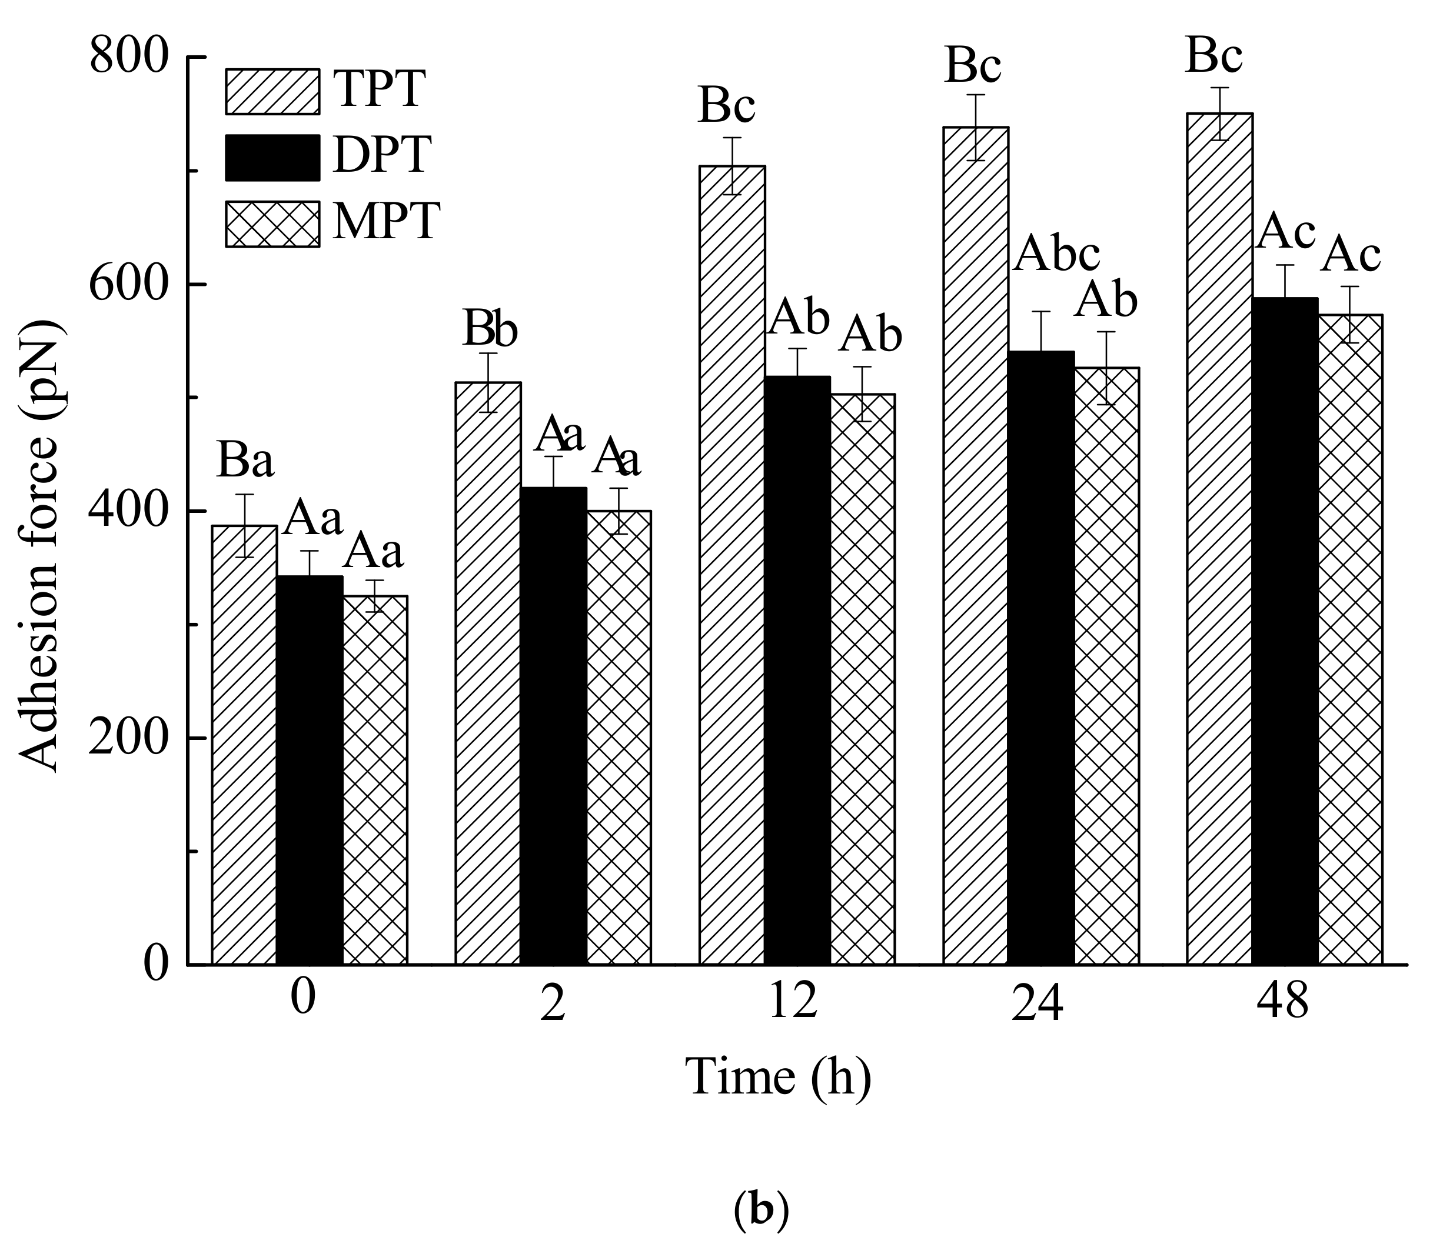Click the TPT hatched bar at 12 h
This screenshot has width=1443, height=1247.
pyautogui.click(x=732, y=564)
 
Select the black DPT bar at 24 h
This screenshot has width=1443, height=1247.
pyautogui.click(x=1041, y=658)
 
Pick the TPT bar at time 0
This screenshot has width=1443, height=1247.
pyautogui.click(x=244, y=745)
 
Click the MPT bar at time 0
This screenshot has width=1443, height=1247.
pyautogui.click(x=375, y=780)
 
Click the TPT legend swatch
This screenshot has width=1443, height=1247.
pyautogui.click(x=272, y=91)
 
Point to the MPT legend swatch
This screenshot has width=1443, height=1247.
pyautogui.click(x=272, y=224)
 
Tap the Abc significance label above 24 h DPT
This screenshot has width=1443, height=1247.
pyautogui.click(x=1056, y=255)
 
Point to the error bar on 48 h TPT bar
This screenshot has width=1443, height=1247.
pyautogui.click(x=1219, y=114)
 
